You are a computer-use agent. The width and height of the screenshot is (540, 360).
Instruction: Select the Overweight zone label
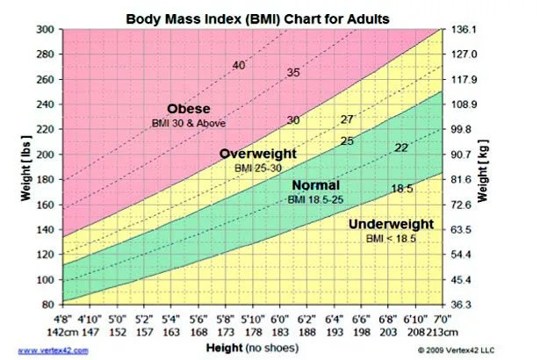[x=258, y=154]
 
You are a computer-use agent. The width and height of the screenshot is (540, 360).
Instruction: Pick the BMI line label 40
[x=239, y=66]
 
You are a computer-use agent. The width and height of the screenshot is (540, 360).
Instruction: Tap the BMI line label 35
[x=293, y=71]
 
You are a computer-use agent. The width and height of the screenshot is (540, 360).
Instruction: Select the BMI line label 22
[x=401, y=148]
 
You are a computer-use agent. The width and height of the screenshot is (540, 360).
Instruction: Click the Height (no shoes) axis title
[x=275, y=348]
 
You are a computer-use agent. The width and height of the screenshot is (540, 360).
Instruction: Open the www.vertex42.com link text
[x=54, y=349]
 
